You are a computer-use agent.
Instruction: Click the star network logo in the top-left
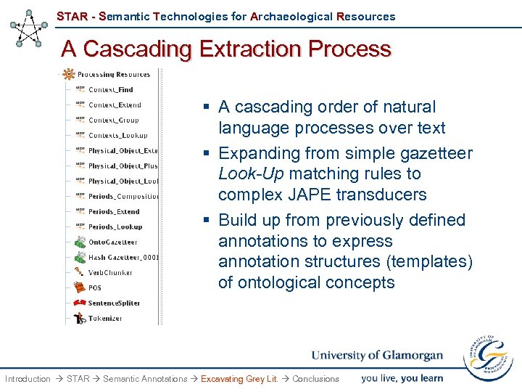[28, 28]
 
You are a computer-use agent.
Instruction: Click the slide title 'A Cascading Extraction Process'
[225, 49]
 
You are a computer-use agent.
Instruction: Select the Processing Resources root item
[112, 74]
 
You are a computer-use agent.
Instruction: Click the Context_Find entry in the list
[110, 89]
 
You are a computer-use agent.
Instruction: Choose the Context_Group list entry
[113, 120]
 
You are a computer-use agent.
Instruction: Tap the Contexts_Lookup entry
[117, 135]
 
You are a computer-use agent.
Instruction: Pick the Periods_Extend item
[115, 211]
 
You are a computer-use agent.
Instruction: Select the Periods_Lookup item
[115, 226]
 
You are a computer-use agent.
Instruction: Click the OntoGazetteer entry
[112, 242]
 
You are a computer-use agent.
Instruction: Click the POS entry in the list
[95, 287]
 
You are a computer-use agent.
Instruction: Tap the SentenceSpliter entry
[114, 303]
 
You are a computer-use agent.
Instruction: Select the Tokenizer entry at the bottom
[104, 318]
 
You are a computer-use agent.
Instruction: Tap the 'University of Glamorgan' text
[377, 356]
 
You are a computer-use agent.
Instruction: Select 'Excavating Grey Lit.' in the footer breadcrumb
[239, 379]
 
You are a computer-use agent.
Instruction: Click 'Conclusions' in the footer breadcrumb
[315, 379]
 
